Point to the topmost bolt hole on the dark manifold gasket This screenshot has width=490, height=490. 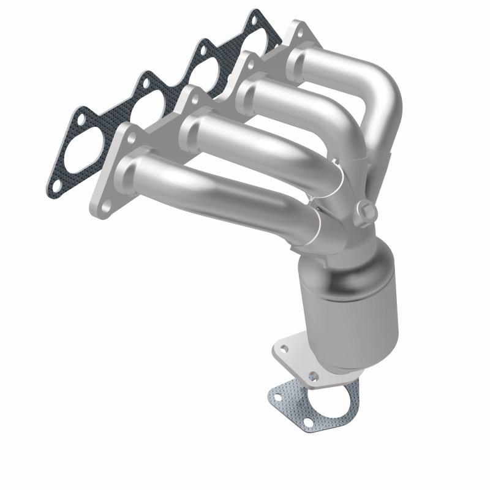(x=253, y=21)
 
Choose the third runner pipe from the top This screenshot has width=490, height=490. (x=257, y=141)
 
